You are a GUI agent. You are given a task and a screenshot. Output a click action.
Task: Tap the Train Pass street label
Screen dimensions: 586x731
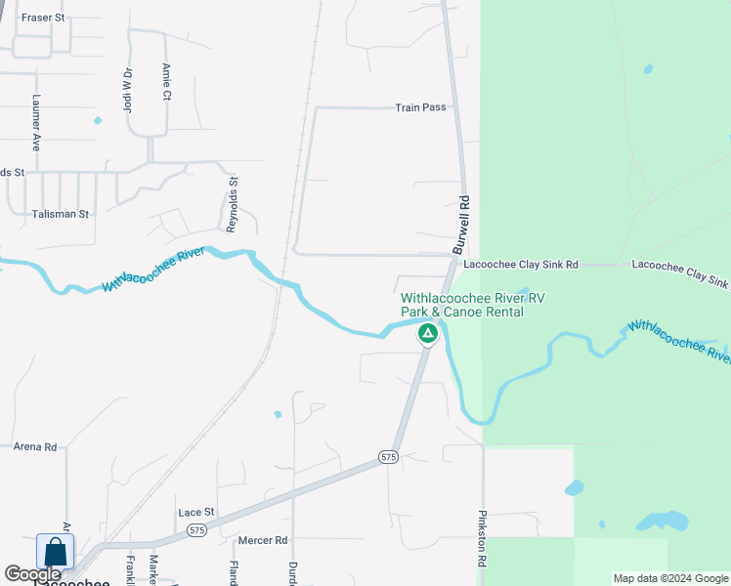click(420, 107)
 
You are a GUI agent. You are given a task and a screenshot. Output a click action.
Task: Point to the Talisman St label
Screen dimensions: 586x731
click(60, 214)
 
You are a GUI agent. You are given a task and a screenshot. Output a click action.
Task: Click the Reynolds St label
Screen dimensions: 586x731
click(233, 204)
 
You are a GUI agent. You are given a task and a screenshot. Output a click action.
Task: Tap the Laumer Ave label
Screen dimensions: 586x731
click(36, 121)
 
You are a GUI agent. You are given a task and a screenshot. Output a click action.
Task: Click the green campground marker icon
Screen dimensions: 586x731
click(427, 334)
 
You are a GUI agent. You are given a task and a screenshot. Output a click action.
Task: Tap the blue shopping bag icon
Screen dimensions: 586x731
click(56, 552)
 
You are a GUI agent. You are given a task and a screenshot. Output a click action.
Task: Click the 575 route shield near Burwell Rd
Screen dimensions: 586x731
click(389, 457)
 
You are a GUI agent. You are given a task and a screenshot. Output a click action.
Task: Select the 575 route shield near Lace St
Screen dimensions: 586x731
click(196, 530)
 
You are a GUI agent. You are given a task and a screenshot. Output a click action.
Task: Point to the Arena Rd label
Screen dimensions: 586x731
click(35, 446)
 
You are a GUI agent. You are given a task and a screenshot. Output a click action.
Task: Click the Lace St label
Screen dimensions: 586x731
click(195, 512)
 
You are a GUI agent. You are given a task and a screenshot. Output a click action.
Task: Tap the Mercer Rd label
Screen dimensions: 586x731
click(263, 539)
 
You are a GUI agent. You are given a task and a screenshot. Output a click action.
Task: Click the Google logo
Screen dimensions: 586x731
click(32, 574)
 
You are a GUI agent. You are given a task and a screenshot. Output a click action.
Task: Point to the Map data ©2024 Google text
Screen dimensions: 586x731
click(670, 578)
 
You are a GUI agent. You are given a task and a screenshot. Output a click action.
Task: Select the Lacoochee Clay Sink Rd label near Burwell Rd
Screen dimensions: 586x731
click(521, 265)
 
